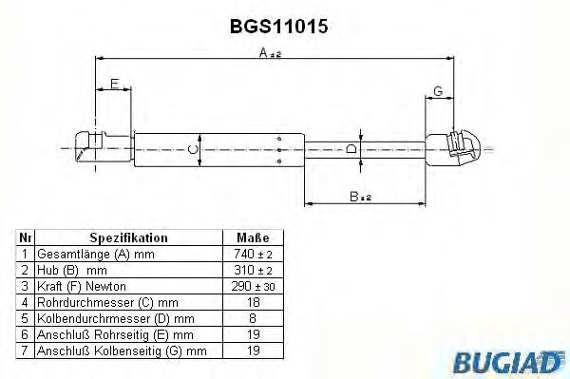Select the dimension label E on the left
click(x=114, y=85)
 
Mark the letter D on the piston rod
click(x=350, y=149)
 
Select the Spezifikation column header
click(x=129, y=238)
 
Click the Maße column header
click(x=253, y=238)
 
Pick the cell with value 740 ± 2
click(x=253, y=255)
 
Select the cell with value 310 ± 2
click(x=253, y=270)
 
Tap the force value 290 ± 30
click(x=253, y=286)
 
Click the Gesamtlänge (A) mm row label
click(x=94, y=255)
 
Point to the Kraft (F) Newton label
click(x=81, y=286)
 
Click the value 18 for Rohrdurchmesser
click(x=253, y=302)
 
